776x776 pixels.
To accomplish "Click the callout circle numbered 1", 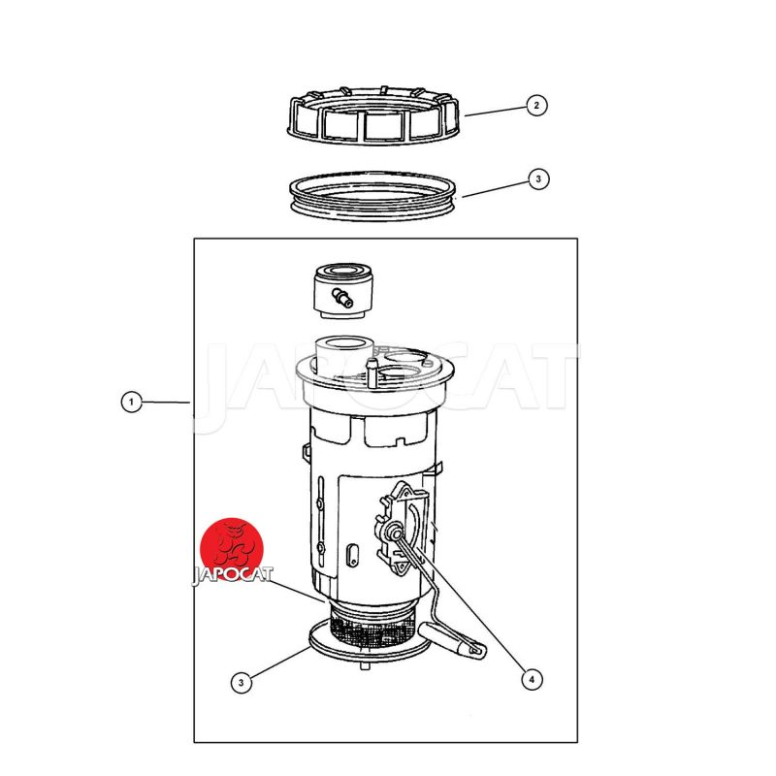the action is tap(131, 402).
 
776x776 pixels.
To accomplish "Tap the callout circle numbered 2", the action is tap(536, 106).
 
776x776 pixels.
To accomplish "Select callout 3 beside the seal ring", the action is tap(538, 178).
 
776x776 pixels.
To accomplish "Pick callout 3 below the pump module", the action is tap(241, 683).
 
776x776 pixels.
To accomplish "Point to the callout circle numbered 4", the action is tap(532, 679).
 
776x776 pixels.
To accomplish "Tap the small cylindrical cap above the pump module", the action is tap(343, 291).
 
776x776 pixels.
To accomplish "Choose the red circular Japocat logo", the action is tap(232, 549).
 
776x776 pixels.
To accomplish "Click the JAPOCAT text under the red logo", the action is tap(232, 574).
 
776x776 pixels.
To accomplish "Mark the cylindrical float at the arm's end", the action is tap(452, 641).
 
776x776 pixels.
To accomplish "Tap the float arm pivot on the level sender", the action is tap(396, 532).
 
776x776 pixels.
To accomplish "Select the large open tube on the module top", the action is tap(343, 355).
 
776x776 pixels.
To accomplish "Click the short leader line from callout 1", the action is tap(166, 402).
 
